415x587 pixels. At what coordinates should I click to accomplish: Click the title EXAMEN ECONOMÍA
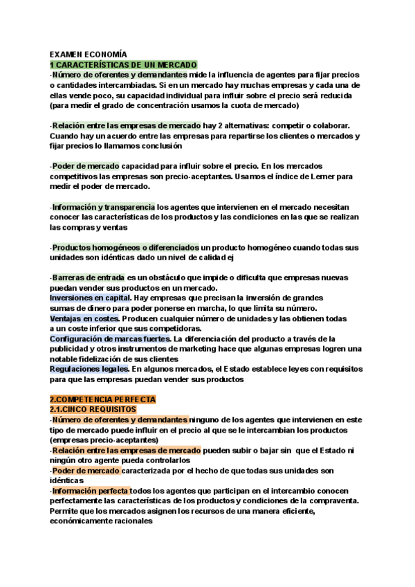click(x=89, y=54)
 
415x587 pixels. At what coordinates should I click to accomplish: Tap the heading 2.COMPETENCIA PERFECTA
click(x=103, y=399)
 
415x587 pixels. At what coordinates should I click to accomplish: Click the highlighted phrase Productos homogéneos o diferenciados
click(x=125, y=247)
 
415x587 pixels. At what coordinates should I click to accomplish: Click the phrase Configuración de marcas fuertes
click(x=110, y=338)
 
